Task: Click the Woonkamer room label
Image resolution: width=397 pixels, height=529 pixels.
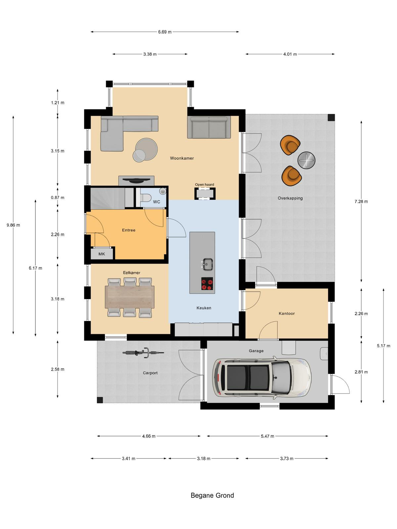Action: pos(182,158)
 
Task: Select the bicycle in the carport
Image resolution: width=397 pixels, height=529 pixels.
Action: pos(143,352)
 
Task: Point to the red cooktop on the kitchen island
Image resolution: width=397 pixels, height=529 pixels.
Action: pos(207,284)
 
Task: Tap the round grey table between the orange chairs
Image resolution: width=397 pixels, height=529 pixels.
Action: pos(306,160)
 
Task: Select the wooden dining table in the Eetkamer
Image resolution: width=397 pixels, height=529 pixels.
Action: pos(130,297)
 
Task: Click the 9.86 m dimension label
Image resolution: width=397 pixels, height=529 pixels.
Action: pos(13,225)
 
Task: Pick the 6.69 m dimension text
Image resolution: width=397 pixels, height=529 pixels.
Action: pos(165,32)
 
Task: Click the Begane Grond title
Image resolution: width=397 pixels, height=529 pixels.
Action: pos(212,495)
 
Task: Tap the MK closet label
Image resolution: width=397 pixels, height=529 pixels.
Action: pos(102,254)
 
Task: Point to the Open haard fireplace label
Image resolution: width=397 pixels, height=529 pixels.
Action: pos(204,184)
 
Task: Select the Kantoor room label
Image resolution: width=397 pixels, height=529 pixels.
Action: pos(287,313)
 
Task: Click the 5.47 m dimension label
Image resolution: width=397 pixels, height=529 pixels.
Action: pos(267,436)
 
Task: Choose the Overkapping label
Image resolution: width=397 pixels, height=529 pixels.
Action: pos(290,198)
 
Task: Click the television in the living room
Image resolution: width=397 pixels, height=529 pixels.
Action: pos(136,180)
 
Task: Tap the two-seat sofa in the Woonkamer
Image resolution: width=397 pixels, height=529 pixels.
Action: pos(209,127)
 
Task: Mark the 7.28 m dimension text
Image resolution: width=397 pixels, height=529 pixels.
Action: pos(361,201)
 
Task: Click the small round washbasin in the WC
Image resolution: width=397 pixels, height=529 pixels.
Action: pos(163,191)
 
